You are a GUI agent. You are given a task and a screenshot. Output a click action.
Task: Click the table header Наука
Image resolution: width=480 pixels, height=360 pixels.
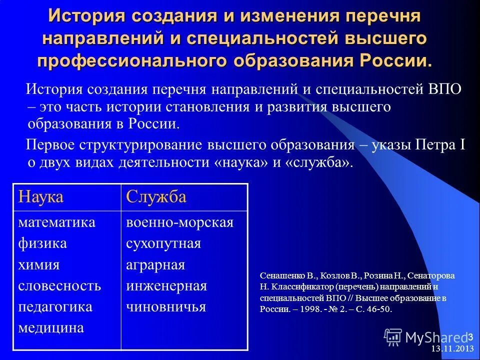41,197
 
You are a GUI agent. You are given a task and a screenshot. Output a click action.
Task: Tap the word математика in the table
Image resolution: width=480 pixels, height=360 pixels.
56,222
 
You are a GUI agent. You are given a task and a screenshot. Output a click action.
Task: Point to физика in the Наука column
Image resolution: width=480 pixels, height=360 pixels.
42,243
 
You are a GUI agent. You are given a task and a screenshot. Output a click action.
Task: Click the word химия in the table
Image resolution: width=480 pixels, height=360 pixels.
39,264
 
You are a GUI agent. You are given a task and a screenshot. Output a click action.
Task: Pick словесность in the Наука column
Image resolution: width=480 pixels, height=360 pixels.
59,285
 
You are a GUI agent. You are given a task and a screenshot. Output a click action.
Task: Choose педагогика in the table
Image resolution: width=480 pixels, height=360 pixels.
55,306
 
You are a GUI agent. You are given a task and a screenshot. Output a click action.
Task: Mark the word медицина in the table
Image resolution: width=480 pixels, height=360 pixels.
51,327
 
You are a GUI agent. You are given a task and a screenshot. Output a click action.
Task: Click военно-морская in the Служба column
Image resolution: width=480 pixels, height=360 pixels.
180,222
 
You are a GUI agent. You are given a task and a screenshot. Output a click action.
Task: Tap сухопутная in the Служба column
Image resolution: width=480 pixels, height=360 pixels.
163,243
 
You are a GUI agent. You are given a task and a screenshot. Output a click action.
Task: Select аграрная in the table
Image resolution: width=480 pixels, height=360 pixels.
155,264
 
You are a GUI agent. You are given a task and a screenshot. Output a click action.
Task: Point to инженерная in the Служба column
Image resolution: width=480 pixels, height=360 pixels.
166,285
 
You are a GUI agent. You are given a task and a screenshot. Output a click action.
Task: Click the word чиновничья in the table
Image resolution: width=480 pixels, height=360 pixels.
166,306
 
